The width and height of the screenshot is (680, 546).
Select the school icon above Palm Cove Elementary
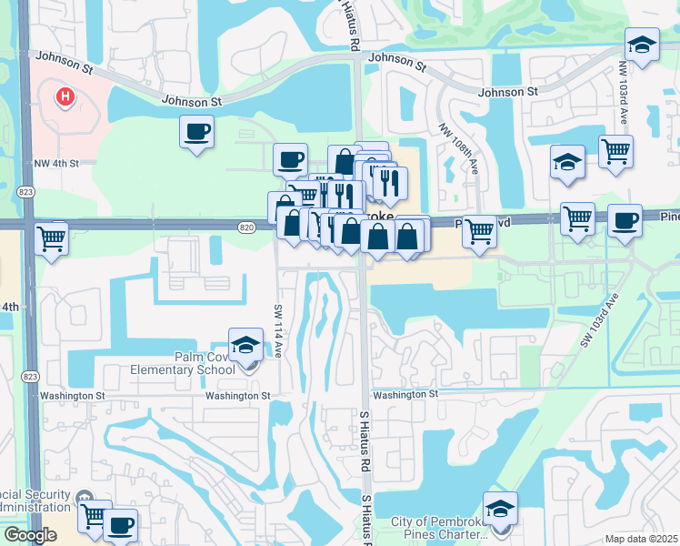click(x=245, y=345)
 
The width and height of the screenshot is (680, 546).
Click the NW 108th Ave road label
click(x=458, y=149)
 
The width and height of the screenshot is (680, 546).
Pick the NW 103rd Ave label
click(x=625, y=94)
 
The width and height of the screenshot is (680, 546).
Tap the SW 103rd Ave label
click(x=601, y=319)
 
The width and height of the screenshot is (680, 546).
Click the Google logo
click(x=29, y=535)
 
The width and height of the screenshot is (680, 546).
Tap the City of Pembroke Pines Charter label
click(x=445, y=528)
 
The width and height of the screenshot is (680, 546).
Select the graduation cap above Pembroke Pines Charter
click(x=500, y=509)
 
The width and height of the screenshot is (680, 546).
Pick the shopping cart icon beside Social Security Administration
click(x=93, y=516)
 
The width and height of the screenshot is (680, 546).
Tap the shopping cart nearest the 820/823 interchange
click(x=52, y=239)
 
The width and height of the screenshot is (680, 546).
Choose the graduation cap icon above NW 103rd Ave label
click(x=642, y=45)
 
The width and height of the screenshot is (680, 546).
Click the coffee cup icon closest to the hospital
click(x=197, y=132)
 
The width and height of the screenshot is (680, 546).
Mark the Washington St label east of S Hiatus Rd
click(x=405, y=394)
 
